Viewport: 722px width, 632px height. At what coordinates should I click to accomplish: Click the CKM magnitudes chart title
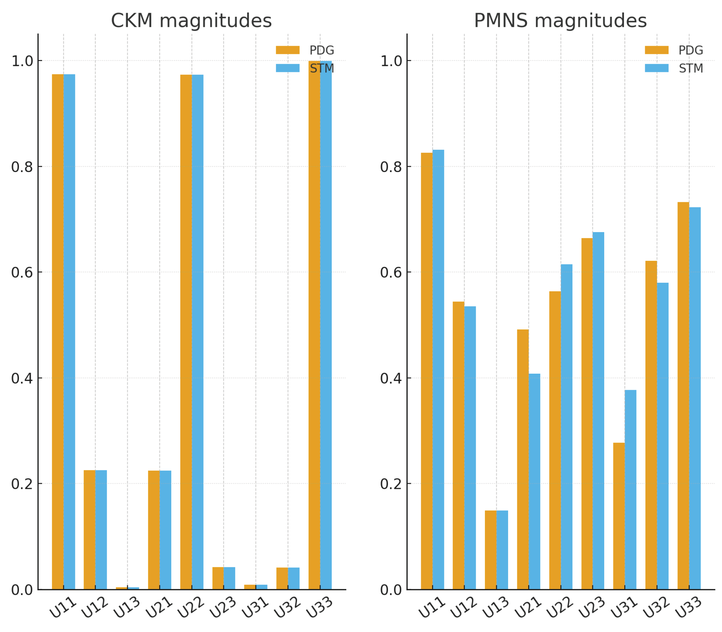191,20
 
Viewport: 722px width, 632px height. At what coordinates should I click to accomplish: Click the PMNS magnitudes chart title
560,20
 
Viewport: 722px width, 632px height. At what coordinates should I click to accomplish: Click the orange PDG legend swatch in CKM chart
287,50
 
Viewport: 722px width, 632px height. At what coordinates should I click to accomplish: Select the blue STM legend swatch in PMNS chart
656,68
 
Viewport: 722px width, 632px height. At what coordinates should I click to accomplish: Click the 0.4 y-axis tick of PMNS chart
391,378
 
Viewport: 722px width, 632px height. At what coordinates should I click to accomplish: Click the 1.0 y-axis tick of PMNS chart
391,61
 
